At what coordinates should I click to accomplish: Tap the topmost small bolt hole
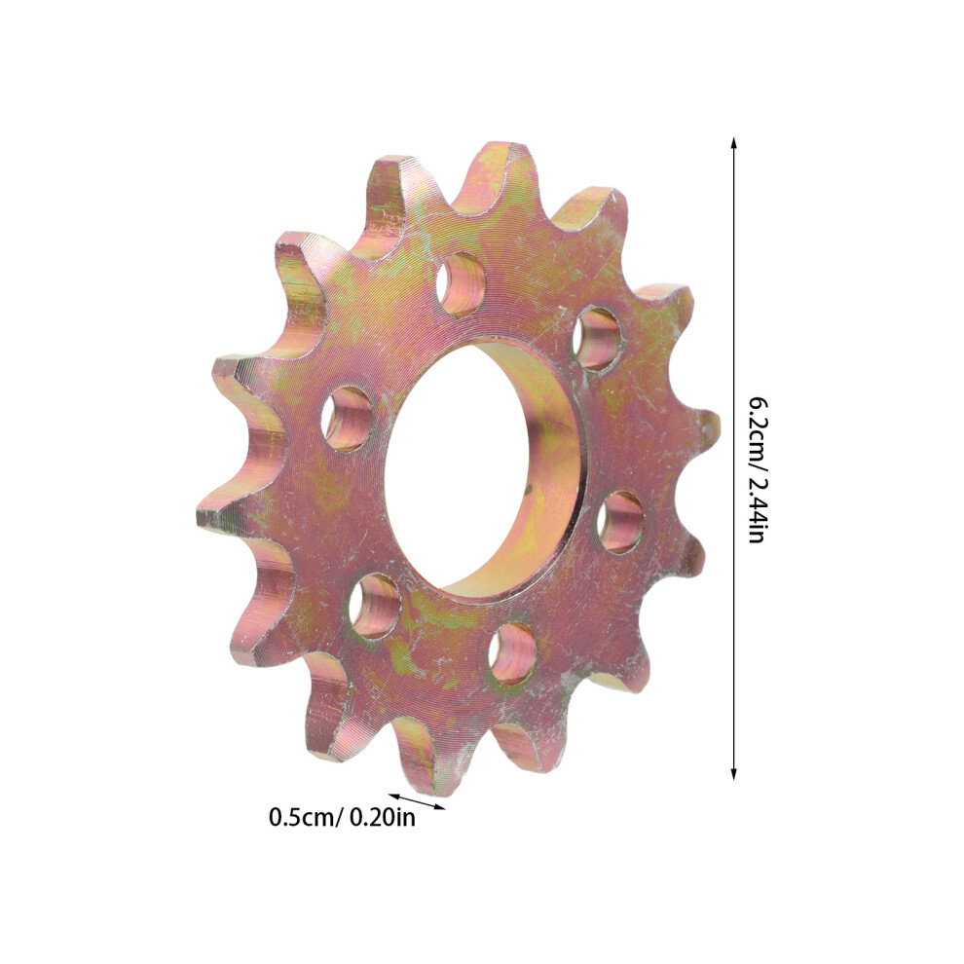coord(462,283)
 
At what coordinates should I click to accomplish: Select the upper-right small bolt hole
coord(596,338)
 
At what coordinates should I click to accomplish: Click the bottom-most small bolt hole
coord(513,653)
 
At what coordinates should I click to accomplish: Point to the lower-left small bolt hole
coord(375,607)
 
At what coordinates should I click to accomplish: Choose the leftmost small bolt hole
coord(348,419)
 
